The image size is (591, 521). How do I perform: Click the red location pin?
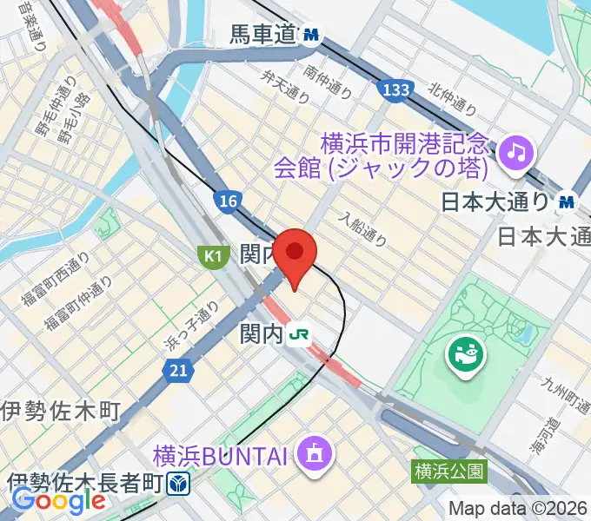click(296, 254)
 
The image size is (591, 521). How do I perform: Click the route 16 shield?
click(227, 201)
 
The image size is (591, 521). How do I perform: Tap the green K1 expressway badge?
click(211, 254)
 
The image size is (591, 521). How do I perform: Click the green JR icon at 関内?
click(301, 333)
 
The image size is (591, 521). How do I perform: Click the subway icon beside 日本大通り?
click(568, 201)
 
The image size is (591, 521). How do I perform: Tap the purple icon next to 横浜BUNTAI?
click(310, 452)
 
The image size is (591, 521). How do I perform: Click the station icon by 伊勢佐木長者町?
click(178, 482)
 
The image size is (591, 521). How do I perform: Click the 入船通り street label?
click(362, 228)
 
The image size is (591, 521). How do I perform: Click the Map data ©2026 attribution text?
click(519, 508)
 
